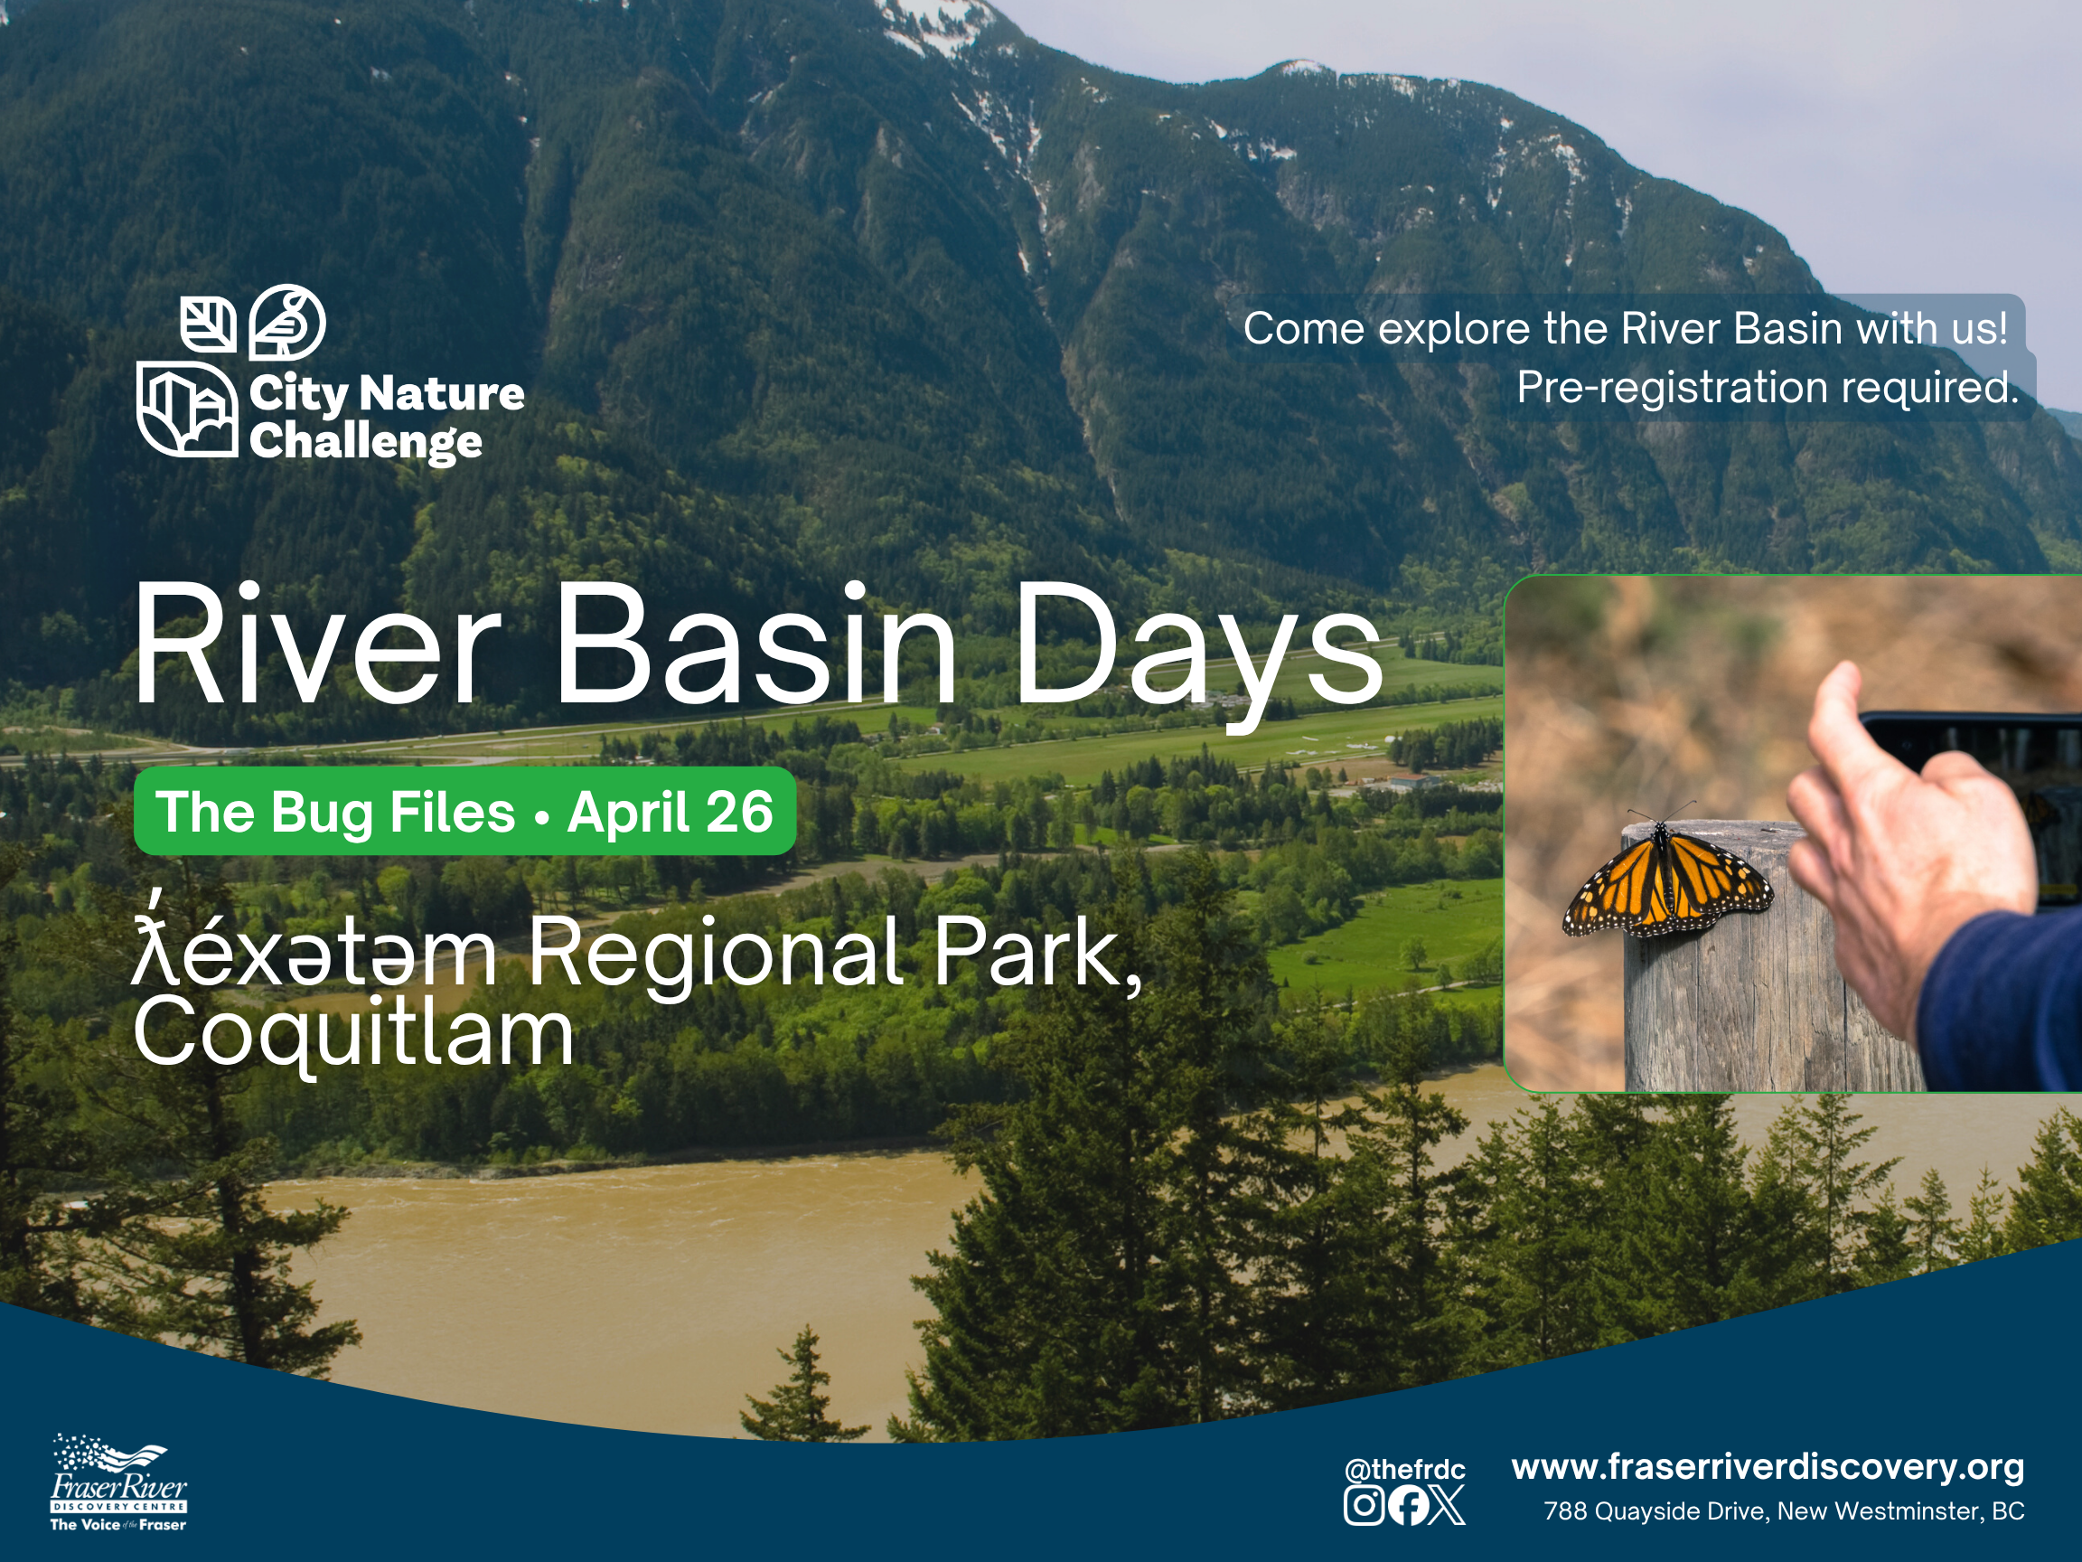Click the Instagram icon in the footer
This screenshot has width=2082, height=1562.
click(1363, 1504)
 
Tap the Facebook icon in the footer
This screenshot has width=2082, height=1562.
click(1407, 1504)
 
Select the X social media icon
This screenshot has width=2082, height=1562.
click(1446, 1504)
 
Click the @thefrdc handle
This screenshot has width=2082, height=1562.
click(1404, 1470)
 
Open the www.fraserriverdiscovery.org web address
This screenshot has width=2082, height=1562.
click(1768, 1467)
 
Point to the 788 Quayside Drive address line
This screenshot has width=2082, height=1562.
click(1784, 1511)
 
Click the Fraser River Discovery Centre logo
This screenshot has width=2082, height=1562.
click(118, 1483)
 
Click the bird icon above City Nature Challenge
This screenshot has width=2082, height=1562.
click(287, 322)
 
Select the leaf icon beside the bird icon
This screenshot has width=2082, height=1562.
click(208, 324)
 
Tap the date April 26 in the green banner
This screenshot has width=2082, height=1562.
click(671, 813)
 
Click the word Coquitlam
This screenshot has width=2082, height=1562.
click(354, 1036)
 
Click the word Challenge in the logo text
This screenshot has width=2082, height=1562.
click(366, 443)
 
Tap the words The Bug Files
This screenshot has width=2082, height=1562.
click(336, 813)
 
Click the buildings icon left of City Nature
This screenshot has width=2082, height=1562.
click(187, 409)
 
